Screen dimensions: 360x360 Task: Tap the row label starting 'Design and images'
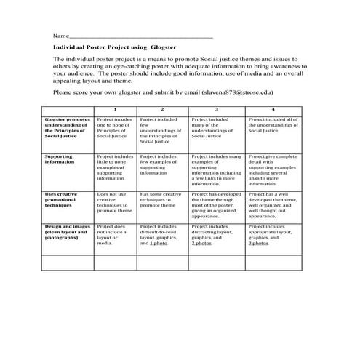[67, 232]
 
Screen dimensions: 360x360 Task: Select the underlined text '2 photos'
[202, 243]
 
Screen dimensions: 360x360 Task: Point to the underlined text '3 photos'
[259, 243]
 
